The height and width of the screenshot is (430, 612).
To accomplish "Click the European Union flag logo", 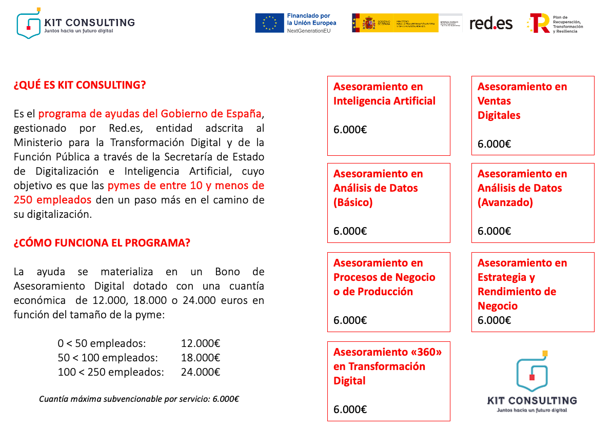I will [x=270, y=23].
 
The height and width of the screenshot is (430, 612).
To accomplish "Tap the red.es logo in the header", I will [x=491, y=23].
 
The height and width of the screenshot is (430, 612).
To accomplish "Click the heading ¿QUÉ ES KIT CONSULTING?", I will [x=80, y=85].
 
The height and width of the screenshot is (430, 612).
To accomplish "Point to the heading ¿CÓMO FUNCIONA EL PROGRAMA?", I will [x=102, y=242].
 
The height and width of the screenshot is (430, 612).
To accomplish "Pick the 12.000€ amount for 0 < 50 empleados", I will [x=200, y=343].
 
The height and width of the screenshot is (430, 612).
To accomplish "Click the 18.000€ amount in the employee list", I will [x=200, y=358].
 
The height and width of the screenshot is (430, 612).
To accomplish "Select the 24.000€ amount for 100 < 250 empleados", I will [x=200, y=372].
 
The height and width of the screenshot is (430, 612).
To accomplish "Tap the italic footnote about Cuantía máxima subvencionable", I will [x=139, y=399].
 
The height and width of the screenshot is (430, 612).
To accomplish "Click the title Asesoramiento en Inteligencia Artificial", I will [x=384, y=94].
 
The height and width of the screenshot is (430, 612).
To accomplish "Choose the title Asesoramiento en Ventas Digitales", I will [x=522, y=100].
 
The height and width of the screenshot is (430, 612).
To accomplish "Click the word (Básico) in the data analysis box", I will [x=353, y=202].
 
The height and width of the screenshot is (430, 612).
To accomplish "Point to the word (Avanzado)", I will [x=505, y=202].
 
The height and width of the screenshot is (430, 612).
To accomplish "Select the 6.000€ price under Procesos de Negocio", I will [x=350, y=320].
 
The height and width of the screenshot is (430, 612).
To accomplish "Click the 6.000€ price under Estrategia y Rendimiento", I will [x=494, y=320].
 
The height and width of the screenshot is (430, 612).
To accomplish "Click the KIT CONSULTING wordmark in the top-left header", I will [x=89, y=23].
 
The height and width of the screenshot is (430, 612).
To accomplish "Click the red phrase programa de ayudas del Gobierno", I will [x=150, y=113].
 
